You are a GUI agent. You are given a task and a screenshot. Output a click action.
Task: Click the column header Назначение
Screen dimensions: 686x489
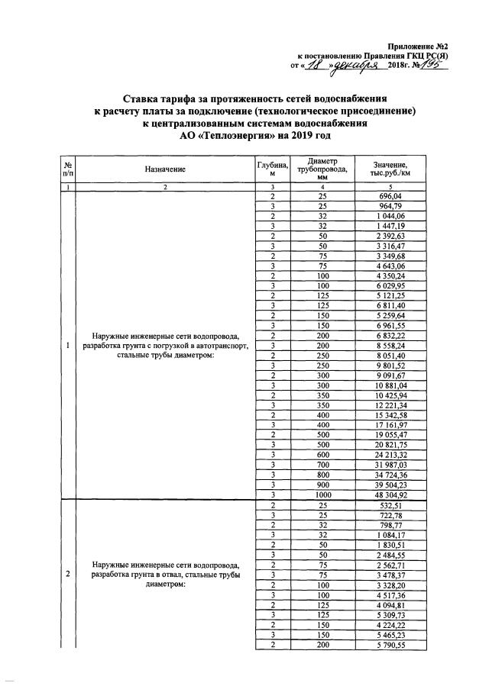(x=165, y=169)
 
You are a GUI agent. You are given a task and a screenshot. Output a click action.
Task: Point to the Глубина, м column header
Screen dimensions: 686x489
(x=272, y=169)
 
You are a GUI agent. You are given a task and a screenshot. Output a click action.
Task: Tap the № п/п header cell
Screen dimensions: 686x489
(x=69, y=169)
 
